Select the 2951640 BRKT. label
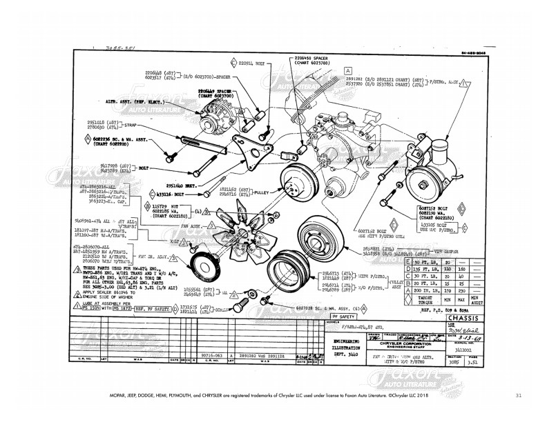[x=180, y=186]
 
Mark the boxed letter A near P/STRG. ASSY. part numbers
[x=349, y=70]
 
